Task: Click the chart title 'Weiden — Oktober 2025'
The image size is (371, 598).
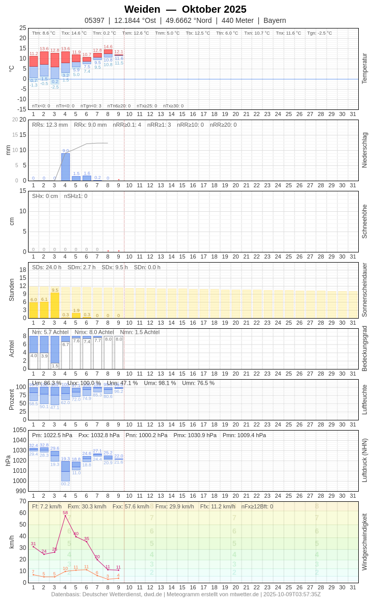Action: click(x=185, y=9)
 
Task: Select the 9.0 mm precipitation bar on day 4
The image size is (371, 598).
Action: click(x=65, y=167)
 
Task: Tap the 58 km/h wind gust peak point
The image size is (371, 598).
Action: click(x=65, y=516)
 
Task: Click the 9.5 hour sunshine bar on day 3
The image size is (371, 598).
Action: click(x=55, y=305)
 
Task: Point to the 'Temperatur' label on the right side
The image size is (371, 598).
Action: click(x=364, y=69)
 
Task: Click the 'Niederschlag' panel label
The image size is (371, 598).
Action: click(x=364, y=150)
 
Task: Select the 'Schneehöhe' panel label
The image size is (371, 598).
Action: click(x=364, y=221)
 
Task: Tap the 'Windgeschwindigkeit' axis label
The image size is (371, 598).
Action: click(x=364, y=542)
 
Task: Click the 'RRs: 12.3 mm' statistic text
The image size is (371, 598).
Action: click(x=50, y=125)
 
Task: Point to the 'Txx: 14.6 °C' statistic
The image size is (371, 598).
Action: click(x=74, y=33)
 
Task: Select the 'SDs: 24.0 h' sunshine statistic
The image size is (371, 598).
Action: click(x=47, y=267)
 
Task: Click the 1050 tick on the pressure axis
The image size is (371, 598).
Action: click(x=19, y=430)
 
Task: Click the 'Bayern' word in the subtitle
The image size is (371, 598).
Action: click(x=275, y=20)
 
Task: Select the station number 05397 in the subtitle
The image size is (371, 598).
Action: click(x=94, y=20)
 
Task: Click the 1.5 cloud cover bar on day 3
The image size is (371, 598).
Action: click(x=55, y=365)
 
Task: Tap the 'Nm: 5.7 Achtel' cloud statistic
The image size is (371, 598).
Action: click(x=50, y=332)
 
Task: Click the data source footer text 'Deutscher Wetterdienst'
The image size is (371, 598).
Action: click(x=115, y=594)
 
